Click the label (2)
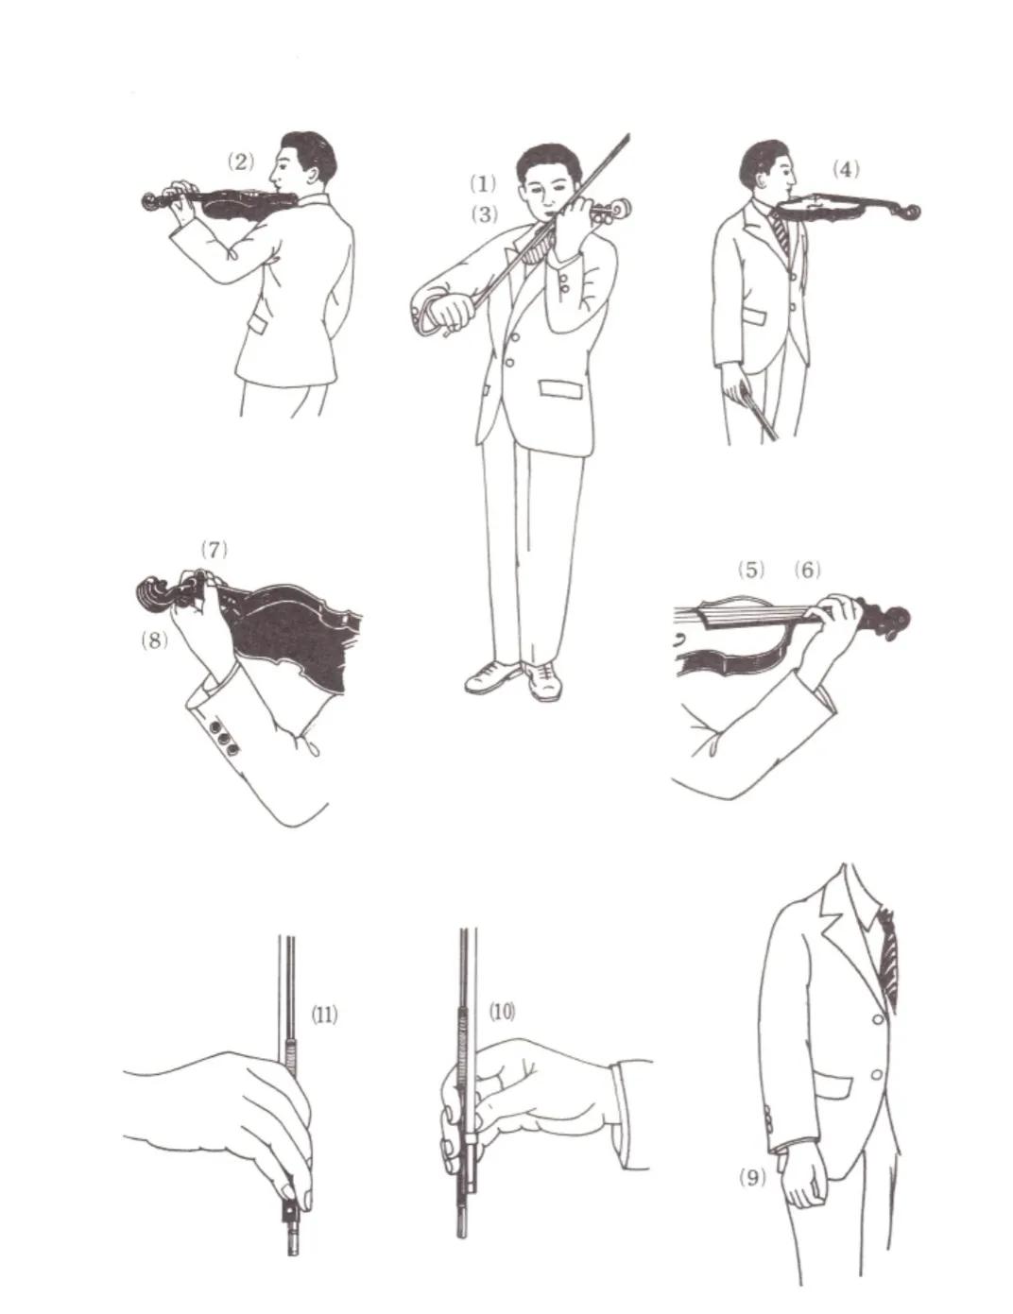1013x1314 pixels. click(x=241, y=162)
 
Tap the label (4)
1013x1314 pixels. click(x=846, y=169)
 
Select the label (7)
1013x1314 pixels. click(x=215, y=549)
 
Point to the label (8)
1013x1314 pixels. click(x=154, y=640)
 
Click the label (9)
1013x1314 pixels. click(x=752, y=1177)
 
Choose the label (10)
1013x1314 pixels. click(x=502, y=1012)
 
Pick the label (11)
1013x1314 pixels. click(x=324, y=1015)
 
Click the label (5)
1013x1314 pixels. click(x=750, y=570)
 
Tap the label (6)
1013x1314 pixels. click(x=808, y=570)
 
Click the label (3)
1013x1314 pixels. click(x=484, y=214)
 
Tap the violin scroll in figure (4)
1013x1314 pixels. click(x=909, y=212)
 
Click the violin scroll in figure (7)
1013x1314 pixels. click(x=156, y=593)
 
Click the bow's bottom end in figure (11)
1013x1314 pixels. click(x=293, y=1247)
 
